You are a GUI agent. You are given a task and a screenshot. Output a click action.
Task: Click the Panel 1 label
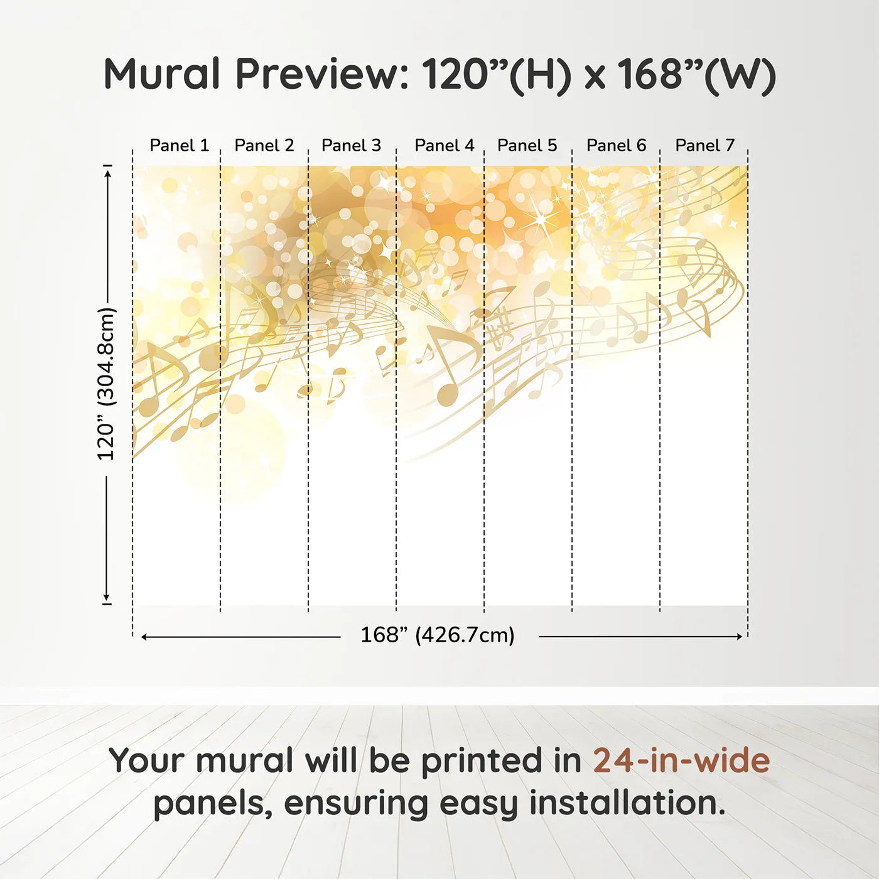click(x=180, y=146)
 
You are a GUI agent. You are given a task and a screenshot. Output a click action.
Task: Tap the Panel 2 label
click(x=264, y=146)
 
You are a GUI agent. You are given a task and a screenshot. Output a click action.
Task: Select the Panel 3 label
click(x=351, y=146)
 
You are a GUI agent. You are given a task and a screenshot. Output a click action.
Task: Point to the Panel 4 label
click(x=445, y=146)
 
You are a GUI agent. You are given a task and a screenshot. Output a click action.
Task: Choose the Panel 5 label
click(x=527, y=146)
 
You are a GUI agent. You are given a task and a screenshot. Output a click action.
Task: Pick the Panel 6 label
click(x=617, y=146)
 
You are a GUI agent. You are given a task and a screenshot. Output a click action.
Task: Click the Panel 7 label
click(x=704, y=146)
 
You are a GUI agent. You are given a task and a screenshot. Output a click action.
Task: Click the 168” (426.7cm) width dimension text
click(x=438, y=635)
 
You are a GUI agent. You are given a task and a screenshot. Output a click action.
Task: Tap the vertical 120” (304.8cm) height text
click(x=107, y=384)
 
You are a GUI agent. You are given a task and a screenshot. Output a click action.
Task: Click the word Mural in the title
click(x=163, y=73)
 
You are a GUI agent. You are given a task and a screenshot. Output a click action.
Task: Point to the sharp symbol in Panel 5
click(x=500, y=325)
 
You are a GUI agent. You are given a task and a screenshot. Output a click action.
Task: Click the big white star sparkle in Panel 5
click(x=541, y=218)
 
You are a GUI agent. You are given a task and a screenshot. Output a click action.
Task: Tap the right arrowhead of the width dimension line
click(x=740, y=637)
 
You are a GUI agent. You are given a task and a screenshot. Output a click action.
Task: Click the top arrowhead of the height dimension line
click(x=108, y=173)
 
